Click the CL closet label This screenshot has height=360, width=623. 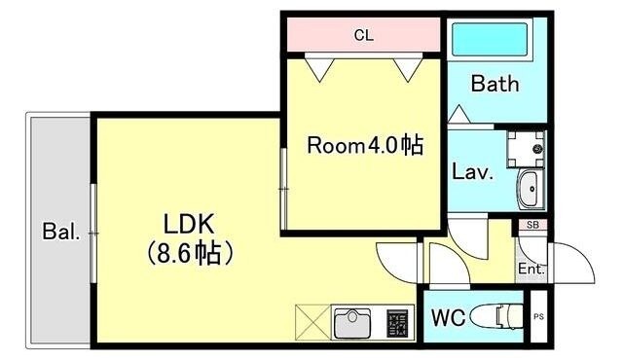coord(363,36)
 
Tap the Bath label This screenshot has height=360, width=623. coord(496,84)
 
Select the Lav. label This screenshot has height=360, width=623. coord(474,173)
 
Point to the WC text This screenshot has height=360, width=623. coord(447,317)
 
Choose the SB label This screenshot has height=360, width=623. coord(531,226)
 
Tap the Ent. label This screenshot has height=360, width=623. coord(531,270)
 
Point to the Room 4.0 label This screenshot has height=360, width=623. coord(365,146)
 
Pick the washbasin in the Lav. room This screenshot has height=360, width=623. coord(531,189)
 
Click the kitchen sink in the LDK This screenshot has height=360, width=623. coord(354,321)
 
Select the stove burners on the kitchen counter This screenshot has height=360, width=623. coord(397,321)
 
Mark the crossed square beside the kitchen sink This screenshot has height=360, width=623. coord(311,322)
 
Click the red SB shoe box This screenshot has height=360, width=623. coord(531,226)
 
